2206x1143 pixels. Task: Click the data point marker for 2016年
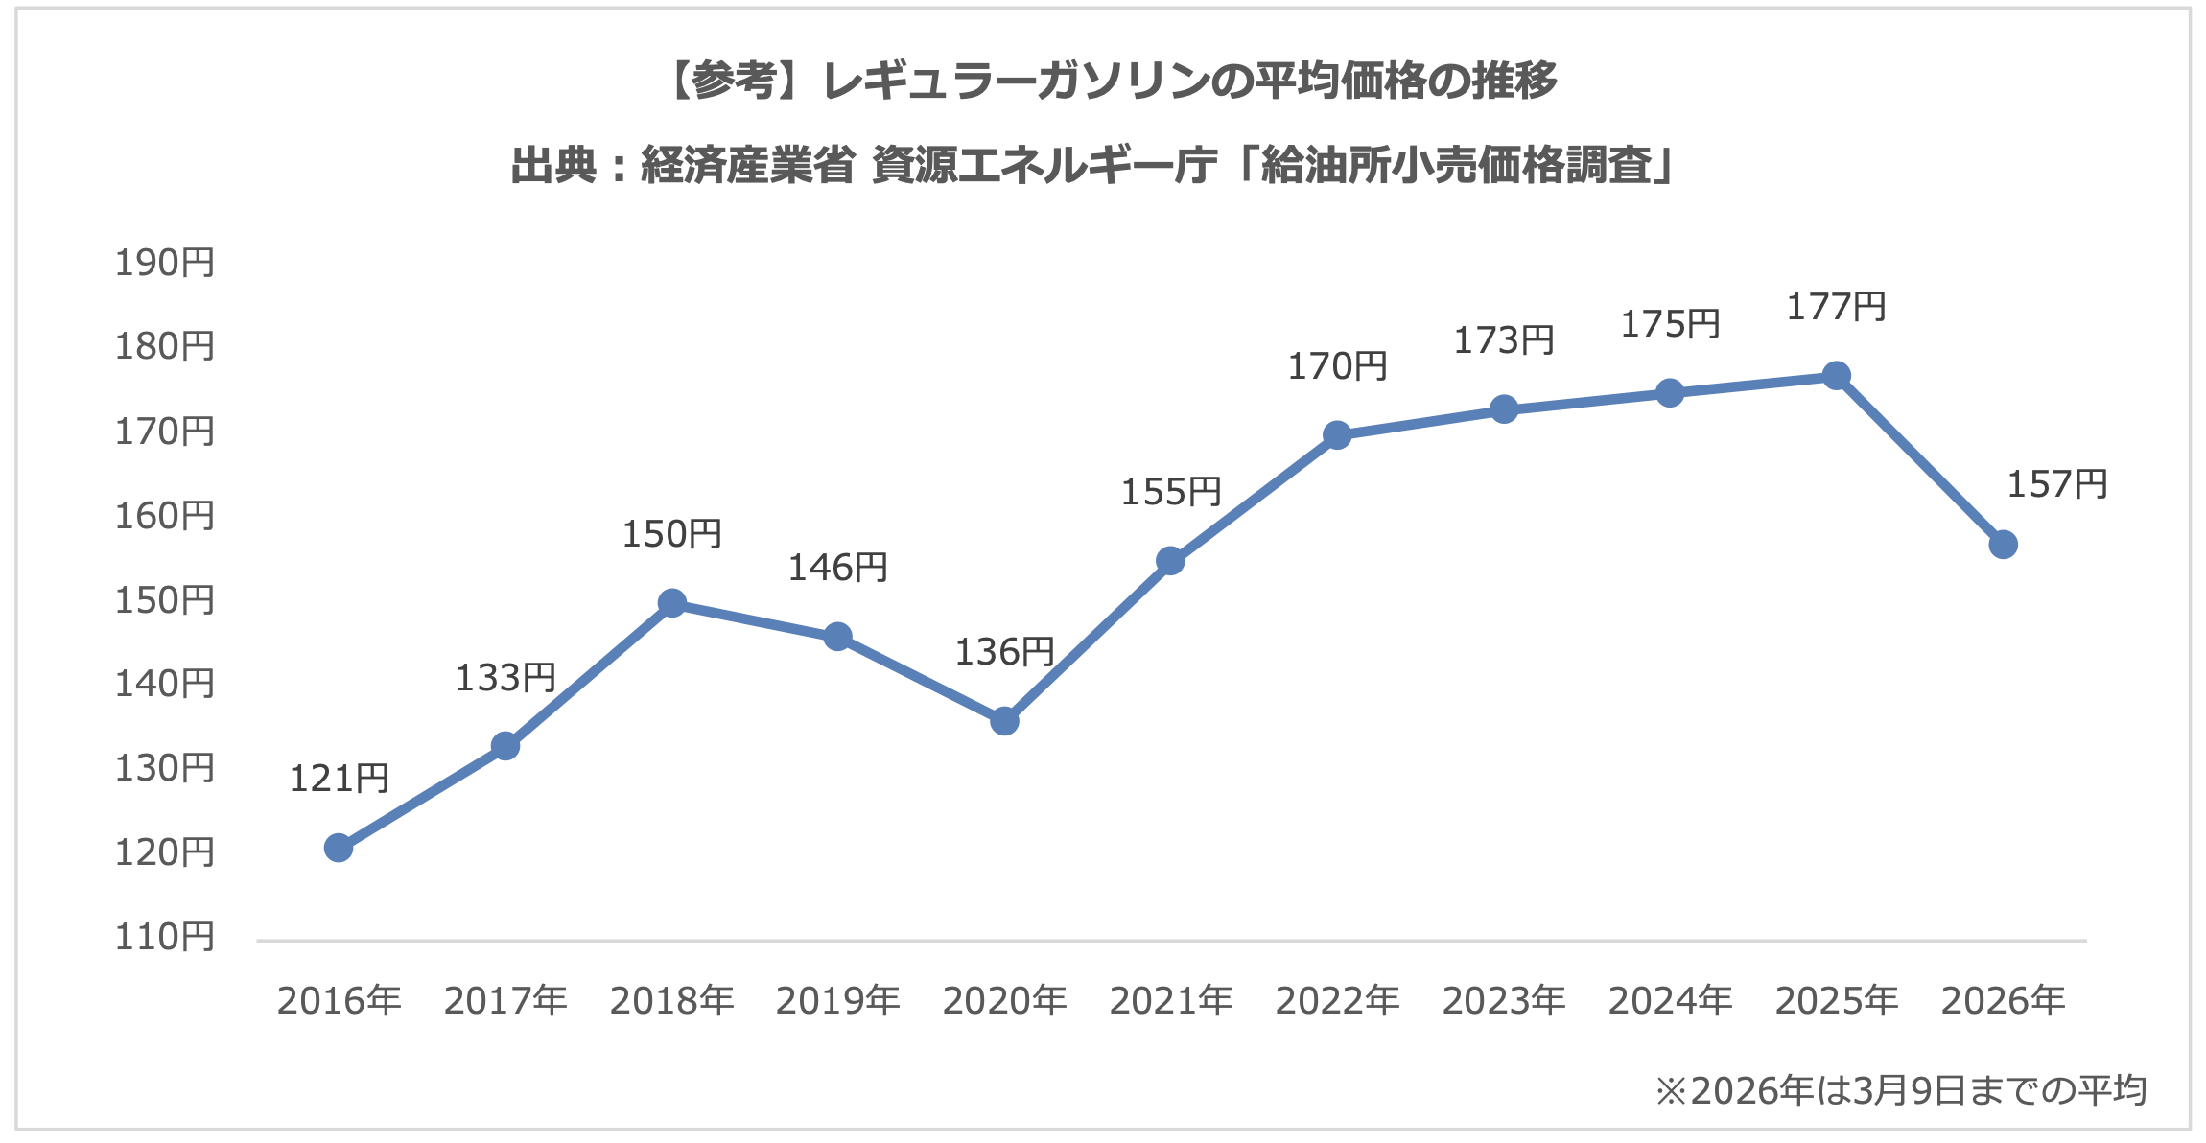pyautogui.click(x=339, y=848)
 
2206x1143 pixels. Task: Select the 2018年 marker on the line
pyautogui.click(x=672, y=603)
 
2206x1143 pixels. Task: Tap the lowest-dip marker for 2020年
pyautogui.click(x=1004, y=720)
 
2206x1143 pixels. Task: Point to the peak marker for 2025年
pyautogui.click(x=1836, y=375)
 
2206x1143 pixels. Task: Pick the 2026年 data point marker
pyautogui.click(x=2003, y=545)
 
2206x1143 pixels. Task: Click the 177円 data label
pyautogui.click(x=1836, y=308)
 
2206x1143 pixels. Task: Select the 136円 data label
pyautogui.click(x=1004, y=652)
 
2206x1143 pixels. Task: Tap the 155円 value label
pyautogui.click(x=1170, y=492)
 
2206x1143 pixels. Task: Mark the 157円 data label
pyautogui.click(x=2056, y=484)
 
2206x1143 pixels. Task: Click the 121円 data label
pyautogui.click(x=339, y=779)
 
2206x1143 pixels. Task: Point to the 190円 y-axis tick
pyautogui.click(x=165, y=263)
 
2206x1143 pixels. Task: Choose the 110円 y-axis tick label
pyautogui.click(x=165, y=937)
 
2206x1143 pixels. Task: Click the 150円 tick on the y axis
pyautogui.click(x=165, y=600)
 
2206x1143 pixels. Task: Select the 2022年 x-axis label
pyautogui.click(x=1337, y=1001)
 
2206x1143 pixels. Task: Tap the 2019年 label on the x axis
pyautogui.click(x=837, y=1001)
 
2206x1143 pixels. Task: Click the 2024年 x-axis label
pyautogui.click(x=1670, y=1001)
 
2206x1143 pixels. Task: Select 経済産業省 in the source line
pyautogui.click(x=747, y=166)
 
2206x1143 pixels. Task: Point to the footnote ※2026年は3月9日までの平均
pyautogui.click(x=1900, y=1091)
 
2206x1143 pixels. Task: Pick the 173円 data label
pyautogui.click(x=1503, y=340)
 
